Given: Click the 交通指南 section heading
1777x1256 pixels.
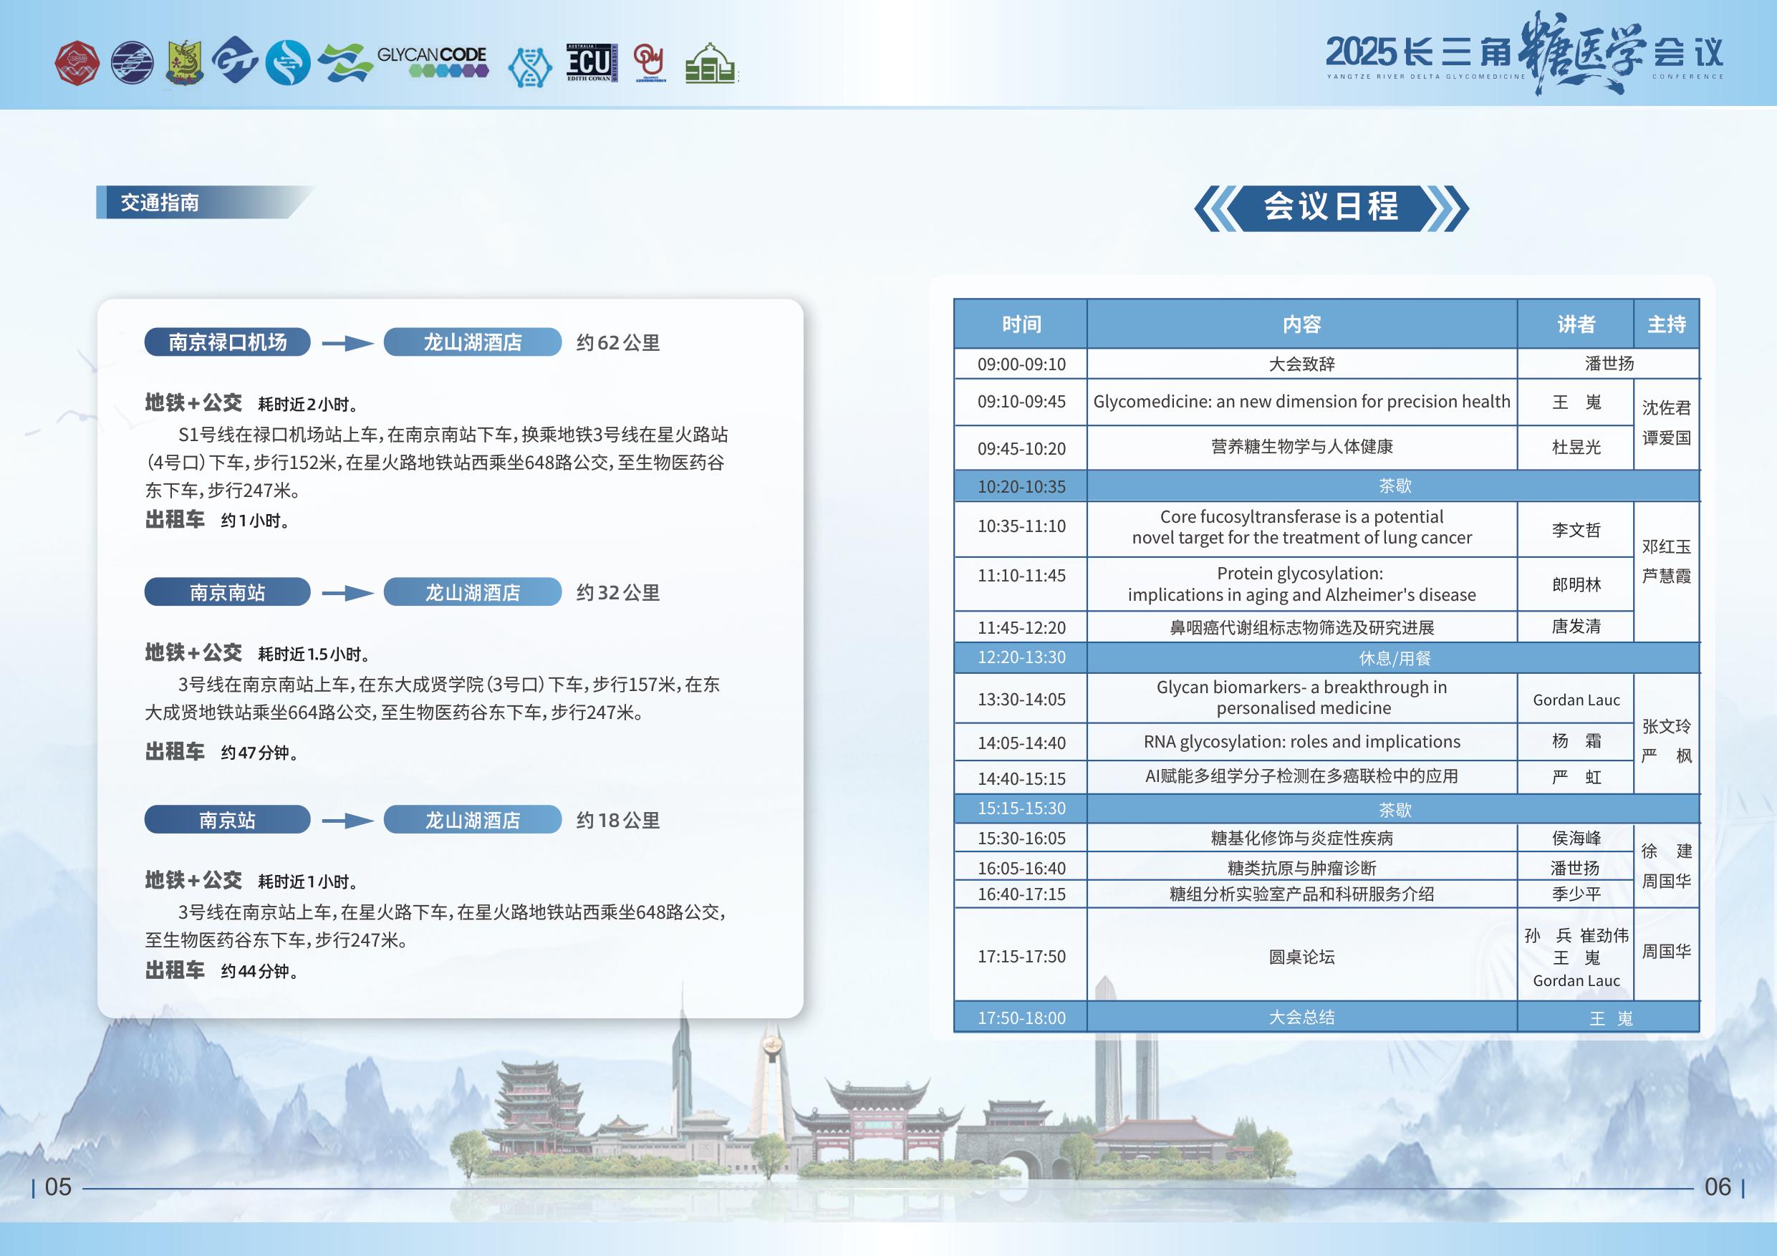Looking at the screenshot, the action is (160, 203).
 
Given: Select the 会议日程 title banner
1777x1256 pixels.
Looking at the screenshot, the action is (1331, 208).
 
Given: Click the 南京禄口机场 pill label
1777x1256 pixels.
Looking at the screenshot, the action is (228, 342).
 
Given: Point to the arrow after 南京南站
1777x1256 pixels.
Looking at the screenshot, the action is (347, 593).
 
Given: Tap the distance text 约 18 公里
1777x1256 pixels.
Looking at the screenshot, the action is (617, 821).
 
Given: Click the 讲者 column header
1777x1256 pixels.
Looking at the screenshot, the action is (1576, 324).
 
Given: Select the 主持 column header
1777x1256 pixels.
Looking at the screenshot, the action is (1666, 324).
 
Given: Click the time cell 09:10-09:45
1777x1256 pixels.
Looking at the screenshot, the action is (1021, 402).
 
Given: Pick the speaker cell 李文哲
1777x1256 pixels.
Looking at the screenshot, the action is (1576, 530).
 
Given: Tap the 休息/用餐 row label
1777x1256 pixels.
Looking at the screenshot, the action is (1395, 659).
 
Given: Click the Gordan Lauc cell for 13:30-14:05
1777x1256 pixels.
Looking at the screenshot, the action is (1576, 700).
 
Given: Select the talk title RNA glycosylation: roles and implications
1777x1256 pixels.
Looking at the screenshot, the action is (1302, 741).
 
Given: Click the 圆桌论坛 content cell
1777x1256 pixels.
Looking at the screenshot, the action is (1302, 957).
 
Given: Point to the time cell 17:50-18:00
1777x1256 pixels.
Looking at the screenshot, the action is (1021, 1018).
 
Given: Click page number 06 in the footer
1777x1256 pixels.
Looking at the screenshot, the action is (1718, 1187).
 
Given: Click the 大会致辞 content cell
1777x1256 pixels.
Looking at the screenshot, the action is (1302, 364).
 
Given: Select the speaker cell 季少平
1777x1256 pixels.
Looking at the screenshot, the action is (1576, 894).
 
